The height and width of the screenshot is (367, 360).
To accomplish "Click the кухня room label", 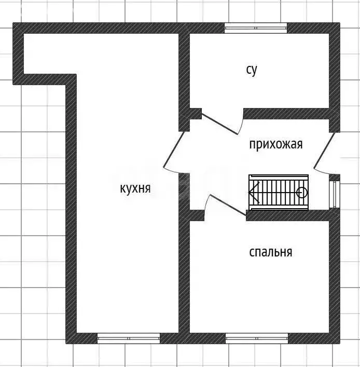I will coord(135,188).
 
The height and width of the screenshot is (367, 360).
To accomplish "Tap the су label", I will coord(252,70).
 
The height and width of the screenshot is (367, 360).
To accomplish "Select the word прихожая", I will coord(275,144).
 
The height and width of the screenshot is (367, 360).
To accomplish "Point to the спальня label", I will coord(270,252).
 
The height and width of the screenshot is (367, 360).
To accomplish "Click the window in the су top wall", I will coord(256,28).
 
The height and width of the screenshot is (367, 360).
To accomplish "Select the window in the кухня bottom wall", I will coord(129,338).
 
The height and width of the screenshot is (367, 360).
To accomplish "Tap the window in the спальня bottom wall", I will coord(257,338).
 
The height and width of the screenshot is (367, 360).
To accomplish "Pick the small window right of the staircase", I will coord(335,194).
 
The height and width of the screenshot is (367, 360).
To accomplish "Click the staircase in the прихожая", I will coord(279,193).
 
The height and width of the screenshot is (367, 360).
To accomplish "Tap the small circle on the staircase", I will coord(302,193).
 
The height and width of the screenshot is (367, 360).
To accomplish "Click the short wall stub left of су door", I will coord(195,113).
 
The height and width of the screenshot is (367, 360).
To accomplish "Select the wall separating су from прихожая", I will coord(286,113).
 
